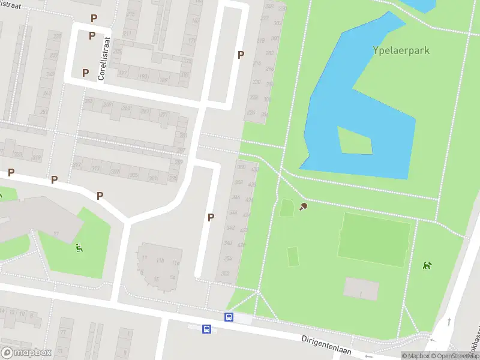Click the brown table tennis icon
[x=304, y=207]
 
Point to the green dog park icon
[x=427, y=265]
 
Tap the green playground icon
[x=79, y=247]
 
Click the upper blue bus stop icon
[x=229, y=317]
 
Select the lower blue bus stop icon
[x=206, y=329]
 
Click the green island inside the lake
[x=355, y=140]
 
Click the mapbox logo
[x=26, y=353]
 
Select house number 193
[x=144, y=77]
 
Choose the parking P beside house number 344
[x=211, y=217]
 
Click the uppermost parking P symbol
[x=94, y=19]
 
